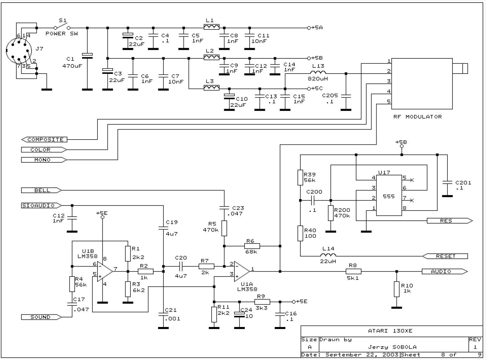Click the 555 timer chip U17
point(389,196)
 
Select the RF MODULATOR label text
point(417,117)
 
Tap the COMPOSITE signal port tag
point(44,140)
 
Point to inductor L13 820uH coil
point(318,73)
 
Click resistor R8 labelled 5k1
point(353,272)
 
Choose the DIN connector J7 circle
point(19,51)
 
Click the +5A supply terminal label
point(317,28)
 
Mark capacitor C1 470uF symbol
point(87,55)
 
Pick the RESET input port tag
point(445,256)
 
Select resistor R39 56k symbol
point(300,178)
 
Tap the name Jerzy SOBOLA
point(392,347)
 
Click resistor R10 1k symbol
point(396,289)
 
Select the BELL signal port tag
point(41,190)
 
